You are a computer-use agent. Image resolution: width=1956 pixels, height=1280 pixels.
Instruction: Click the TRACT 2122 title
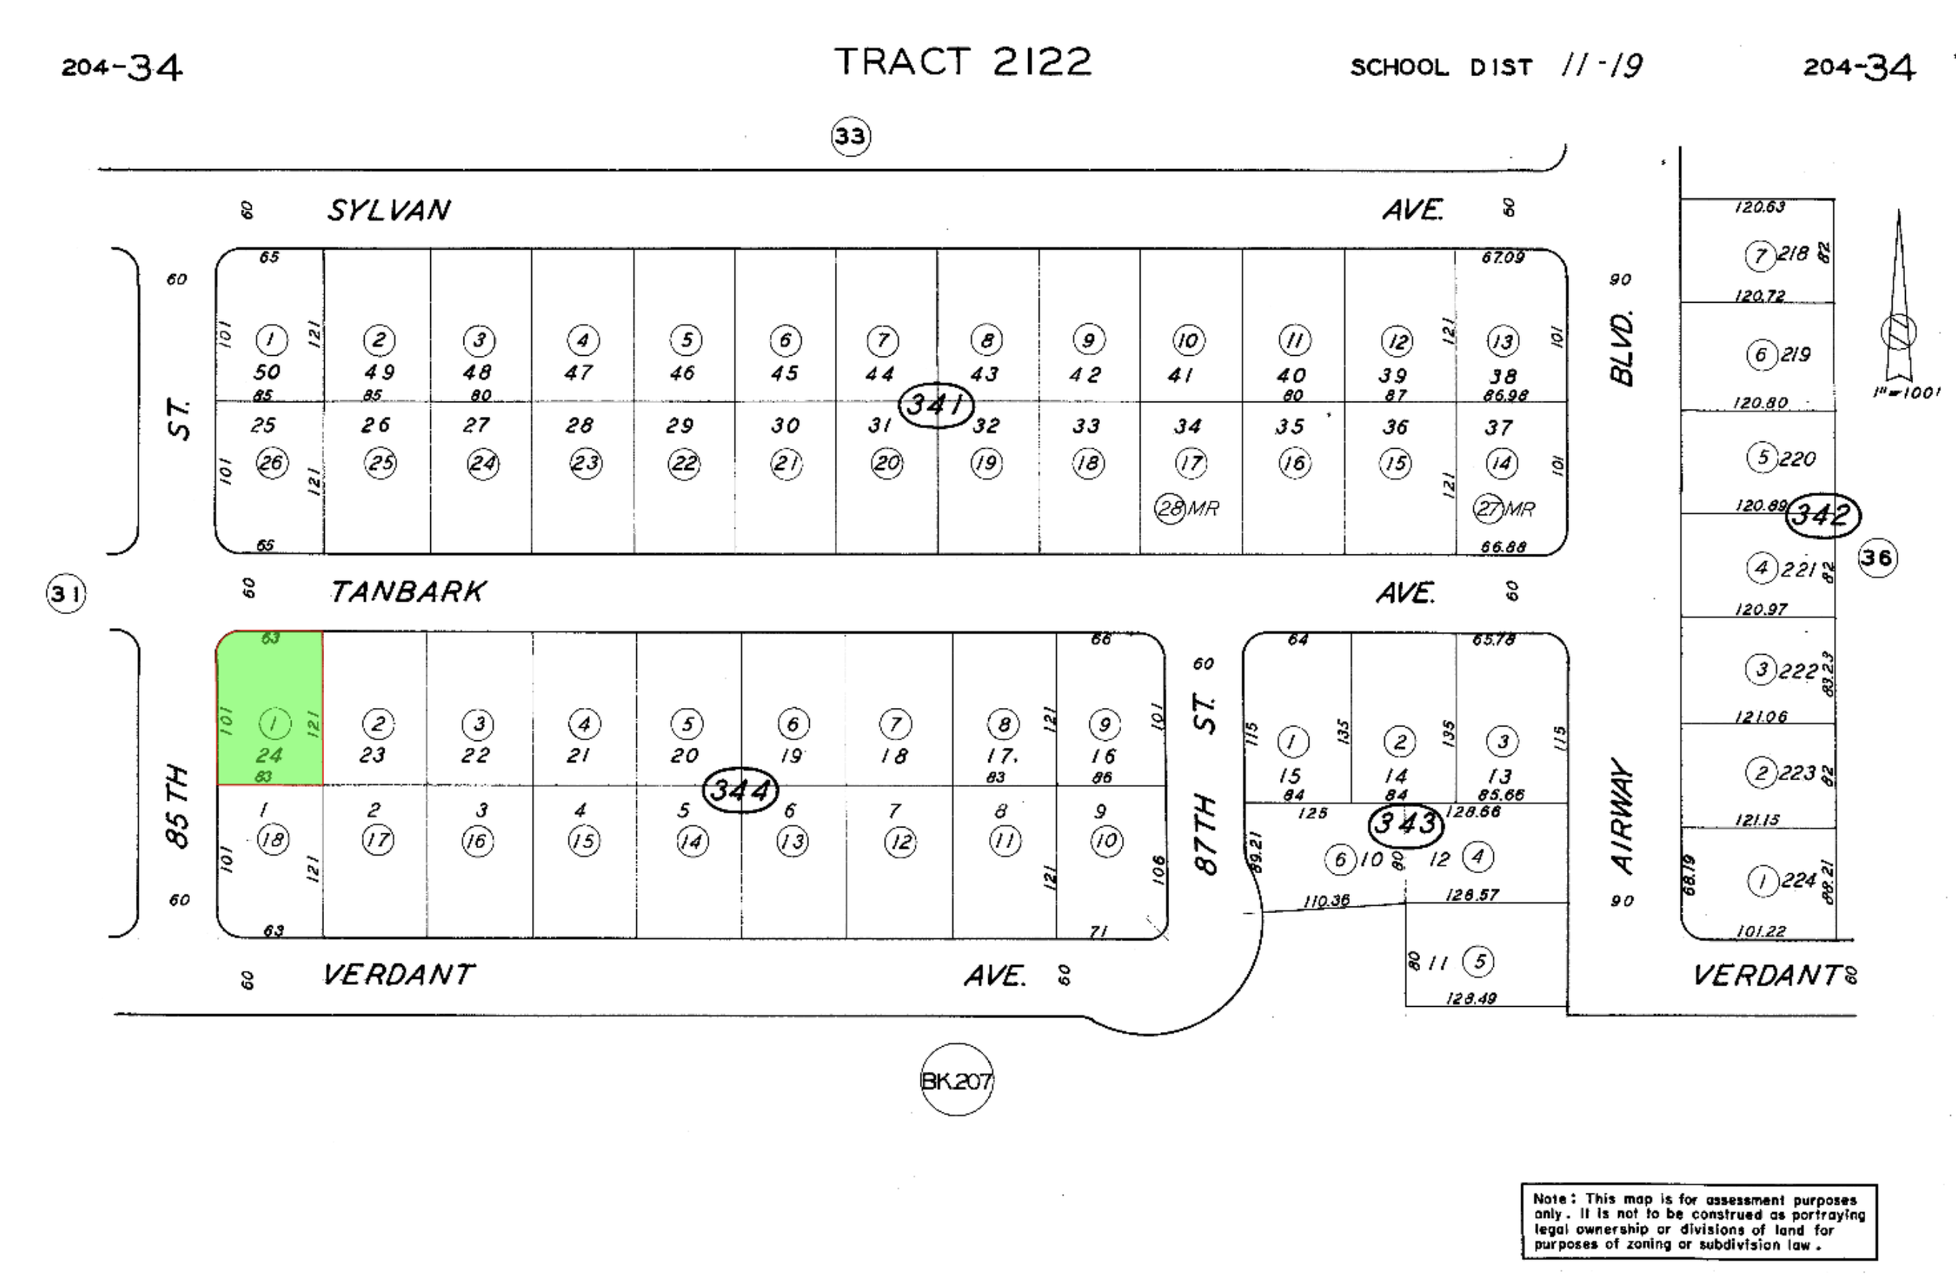(x=962, y=63)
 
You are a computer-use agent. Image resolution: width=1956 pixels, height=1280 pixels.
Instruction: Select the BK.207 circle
(x=956, y=1080)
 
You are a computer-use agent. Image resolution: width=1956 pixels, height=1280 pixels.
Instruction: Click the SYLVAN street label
(x=389, y=210)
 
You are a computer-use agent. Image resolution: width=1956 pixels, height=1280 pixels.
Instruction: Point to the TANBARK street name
(x=408, y=592)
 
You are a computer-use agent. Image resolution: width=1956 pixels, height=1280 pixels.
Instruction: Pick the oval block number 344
(x=740, y=790)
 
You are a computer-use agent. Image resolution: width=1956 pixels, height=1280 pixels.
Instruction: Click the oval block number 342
(x=1823, y=515)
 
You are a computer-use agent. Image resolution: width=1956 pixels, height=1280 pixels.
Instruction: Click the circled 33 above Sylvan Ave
(x=850, y=135)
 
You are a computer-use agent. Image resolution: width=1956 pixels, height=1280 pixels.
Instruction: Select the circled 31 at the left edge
(x=66, y=594)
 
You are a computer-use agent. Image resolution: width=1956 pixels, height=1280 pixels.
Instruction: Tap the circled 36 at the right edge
(x=1877, y=558)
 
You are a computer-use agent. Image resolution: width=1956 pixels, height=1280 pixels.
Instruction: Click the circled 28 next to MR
(x=1170, y=509)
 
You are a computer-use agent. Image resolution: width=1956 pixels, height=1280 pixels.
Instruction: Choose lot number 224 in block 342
(x=1798, y=880)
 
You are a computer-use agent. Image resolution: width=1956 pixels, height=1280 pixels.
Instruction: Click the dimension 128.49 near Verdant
(x=1471, y=998)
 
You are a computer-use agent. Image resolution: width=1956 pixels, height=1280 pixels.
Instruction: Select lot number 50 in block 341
(x=267, y=372)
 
